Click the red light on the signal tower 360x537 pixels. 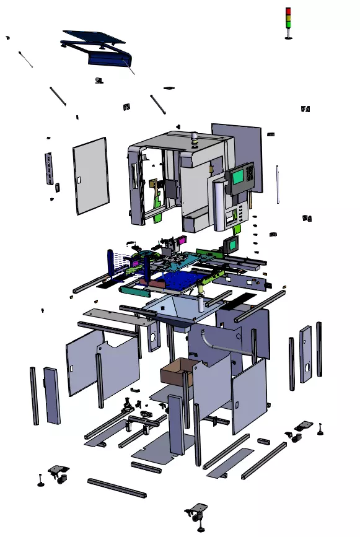[288, 11]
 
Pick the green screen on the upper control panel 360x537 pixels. [237, 177]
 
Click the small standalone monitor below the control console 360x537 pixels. [232, 243]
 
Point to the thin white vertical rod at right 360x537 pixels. [278, 184]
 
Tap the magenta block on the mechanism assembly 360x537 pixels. [182, 240]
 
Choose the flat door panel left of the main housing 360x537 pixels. [90, 175]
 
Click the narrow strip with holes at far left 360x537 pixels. [49, 168]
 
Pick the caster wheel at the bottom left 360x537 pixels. [59, 473]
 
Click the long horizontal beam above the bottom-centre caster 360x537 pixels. [116, 487]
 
